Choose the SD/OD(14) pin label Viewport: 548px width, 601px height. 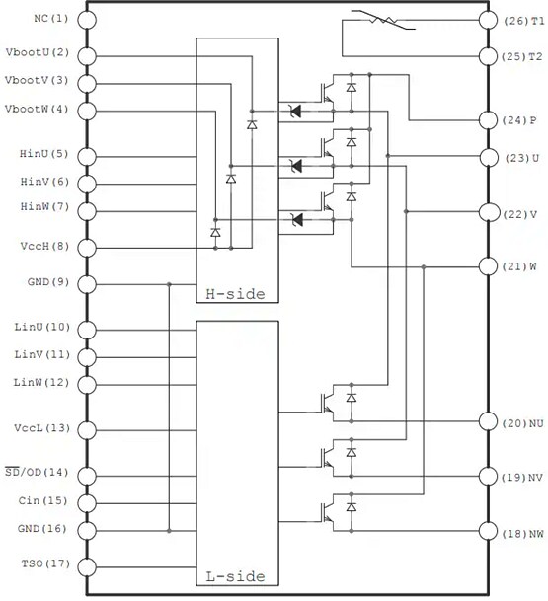(x=38, y=475)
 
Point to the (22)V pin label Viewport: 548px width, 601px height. (x=520, y=214)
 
